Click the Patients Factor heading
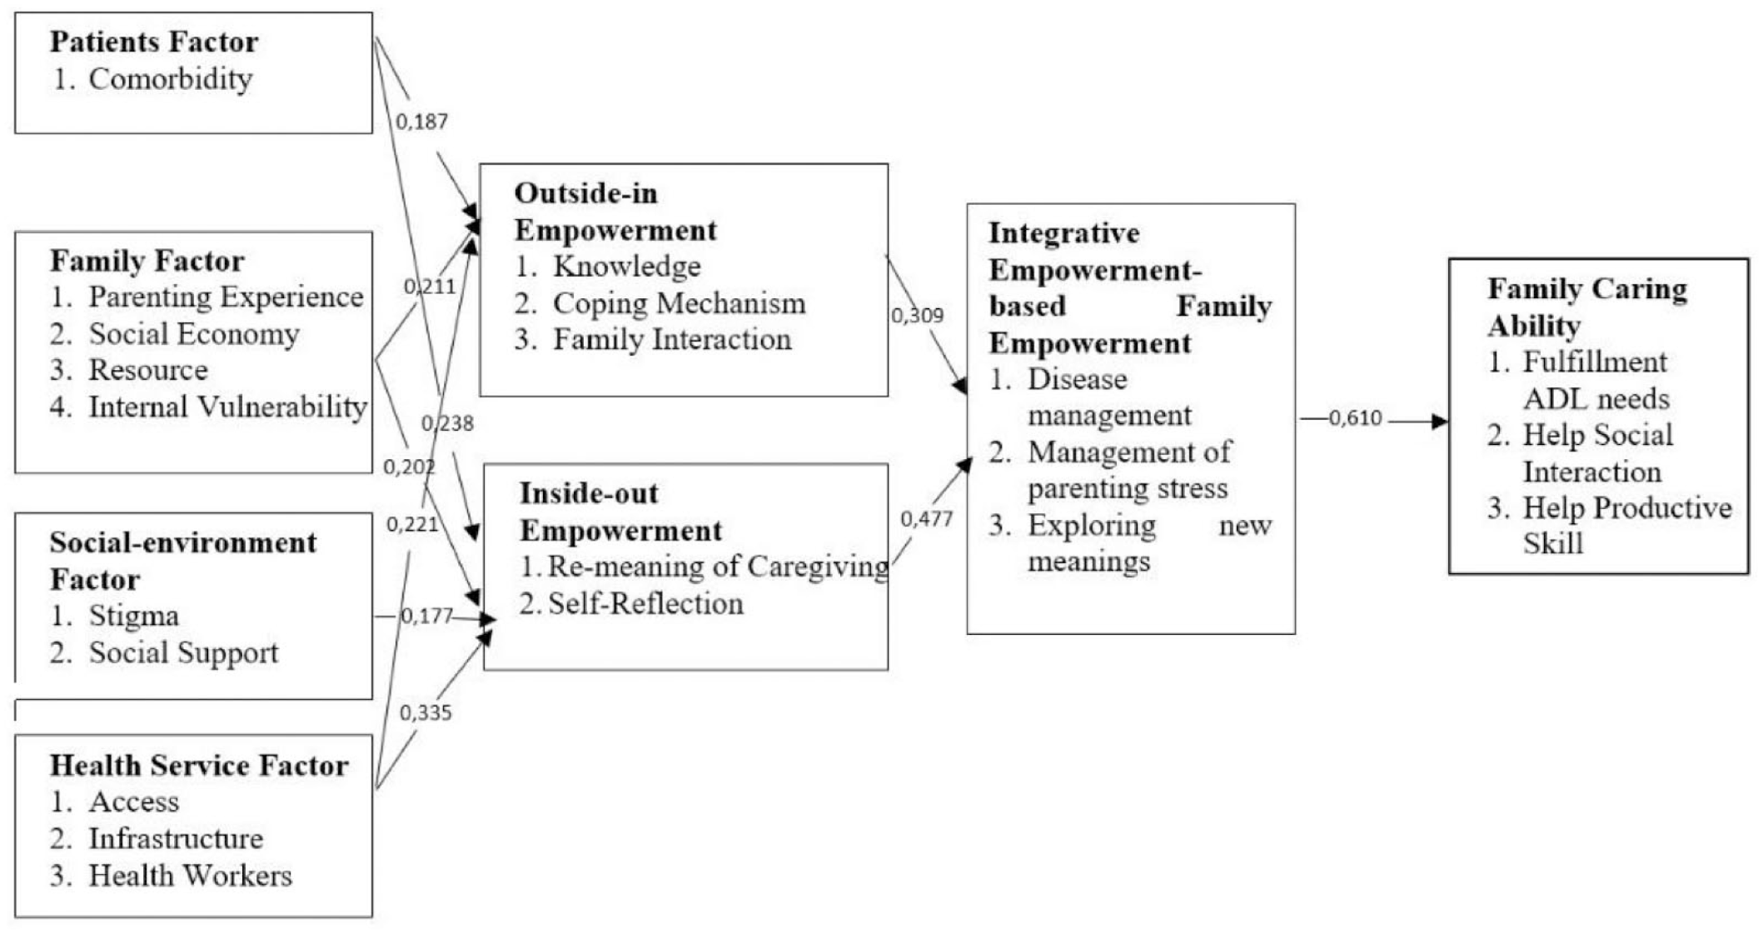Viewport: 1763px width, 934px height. pyautogui.click(x=154, y=42)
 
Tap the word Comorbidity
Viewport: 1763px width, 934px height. pyautogui.click(x=171, y=79)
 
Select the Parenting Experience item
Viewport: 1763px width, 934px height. pyautogui.click(x=227, y=297)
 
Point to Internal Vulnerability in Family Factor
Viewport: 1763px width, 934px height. pyautogui.click(x=228, y=407)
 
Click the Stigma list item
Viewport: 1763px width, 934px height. pyautogui.click(x=134, y=617)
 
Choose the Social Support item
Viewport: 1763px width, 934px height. pyautogui.click(x=184, y=653)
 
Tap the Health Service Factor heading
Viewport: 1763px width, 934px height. pyautogui.click(x=199, y=765)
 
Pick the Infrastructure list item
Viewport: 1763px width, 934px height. pyautogui.click(x=176, y=839)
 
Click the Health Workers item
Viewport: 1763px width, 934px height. pyautogui.click(x=191, y=876)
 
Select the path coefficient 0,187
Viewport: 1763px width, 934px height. pyautogui.click(x=421, y=122)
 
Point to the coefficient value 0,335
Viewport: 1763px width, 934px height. pyautogui.click(x=426, y=713)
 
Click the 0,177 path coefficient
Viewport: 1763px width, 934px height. pyautogui.click(x=426, y=616)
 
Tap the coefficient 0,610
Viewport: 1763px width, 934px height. pyautogui.click(x=1356, y=418)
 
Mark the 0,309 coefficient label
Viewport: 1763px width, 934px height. pyautogui.click(x=917, y=316)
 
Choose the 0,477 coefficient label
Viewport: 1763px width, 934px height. pyautogui.click(x=926, y=519)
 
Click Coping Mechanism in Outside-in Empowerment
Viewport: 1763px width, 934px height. pyautogui.click(x=680, y=304)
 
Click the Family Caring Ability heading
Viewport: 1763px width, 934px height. pyautogui.click(x=1587, y=307)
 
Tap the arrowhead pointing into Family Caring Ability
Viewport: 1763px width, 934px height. pyautogui.click(x=1440, y=422)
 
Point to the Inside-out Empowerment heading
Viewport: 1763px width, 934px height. pyautogui.click(x=620, y=512)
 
